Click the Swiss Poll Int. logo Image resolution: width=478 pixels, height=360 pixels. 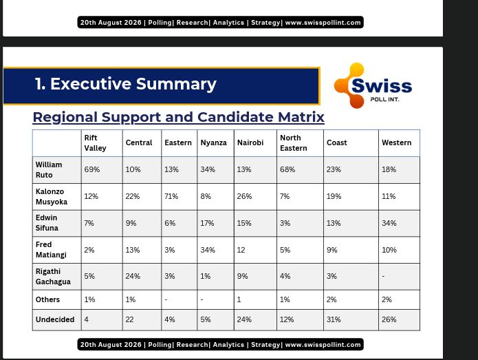[x=373, y=85]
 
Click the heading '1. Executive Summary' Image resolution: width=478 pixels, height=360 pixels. [x=126, y=84]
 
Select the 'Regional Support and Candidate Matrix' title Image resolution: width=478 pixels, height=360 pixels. [x=178, y=117]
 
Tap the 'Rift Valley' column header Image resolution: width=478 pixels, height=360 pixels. [x=95, y=142]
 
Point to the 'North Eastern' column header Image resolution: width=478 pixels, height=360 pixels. [x=294, y=142]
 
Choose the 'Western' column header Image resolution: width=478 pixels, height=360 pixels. [x=396, y=142]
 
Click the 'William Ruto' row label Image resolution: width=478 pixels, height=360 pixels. [x=49, y=169]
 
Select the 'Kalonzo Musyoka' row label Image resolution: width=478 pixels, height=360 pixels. [x=51, y=196]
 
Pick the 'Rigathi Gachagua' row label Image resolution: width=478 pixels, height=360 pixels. [x=53, y=277]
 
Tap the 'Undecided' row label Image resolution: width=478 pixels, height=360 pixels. [x=55, y=319]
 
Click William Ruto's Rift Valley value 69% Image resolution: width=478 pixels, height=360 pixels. [x=91, y=169]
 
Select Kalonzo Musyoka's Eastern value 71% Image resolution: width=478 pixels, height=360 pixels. [x=171, y=196]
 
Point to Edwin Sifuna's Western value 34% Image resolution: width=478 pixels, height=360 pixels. [x=389, y=223]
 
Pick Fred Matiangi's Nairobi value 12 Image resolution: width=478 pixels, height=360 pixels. [x=241, y=250]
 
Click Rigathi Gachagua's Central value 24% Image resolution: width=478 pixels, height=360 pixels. [x=133, y=276]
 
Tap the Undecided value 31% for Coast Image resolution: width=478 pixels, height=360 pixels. [x=334, y=319]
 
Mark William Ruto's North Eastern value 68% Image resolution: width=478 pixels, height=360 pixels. [x=287, y=169]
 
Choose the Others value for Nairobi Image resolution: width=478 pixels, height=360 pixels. [x=239, y=299]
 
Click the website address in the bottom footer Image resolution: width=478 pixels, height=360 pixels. [x=323, y=344]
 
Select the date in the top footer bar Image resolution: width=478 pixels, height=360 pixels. [x=111, y=22]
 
